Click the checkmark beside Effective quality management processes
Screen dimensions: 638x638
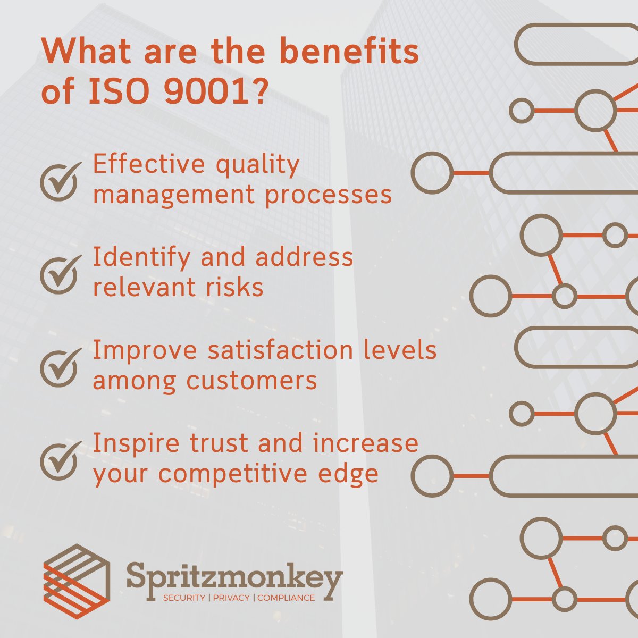click(60, 181)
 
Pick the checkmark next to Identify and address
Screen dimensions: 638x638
click(60, 274)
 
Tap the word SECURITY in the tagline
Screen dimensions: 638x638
click(184, 598)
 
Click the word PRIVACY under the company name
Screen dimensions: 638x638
click(231, 598)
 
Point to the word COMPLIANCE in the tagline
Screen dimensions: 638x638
click(286, 598)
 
